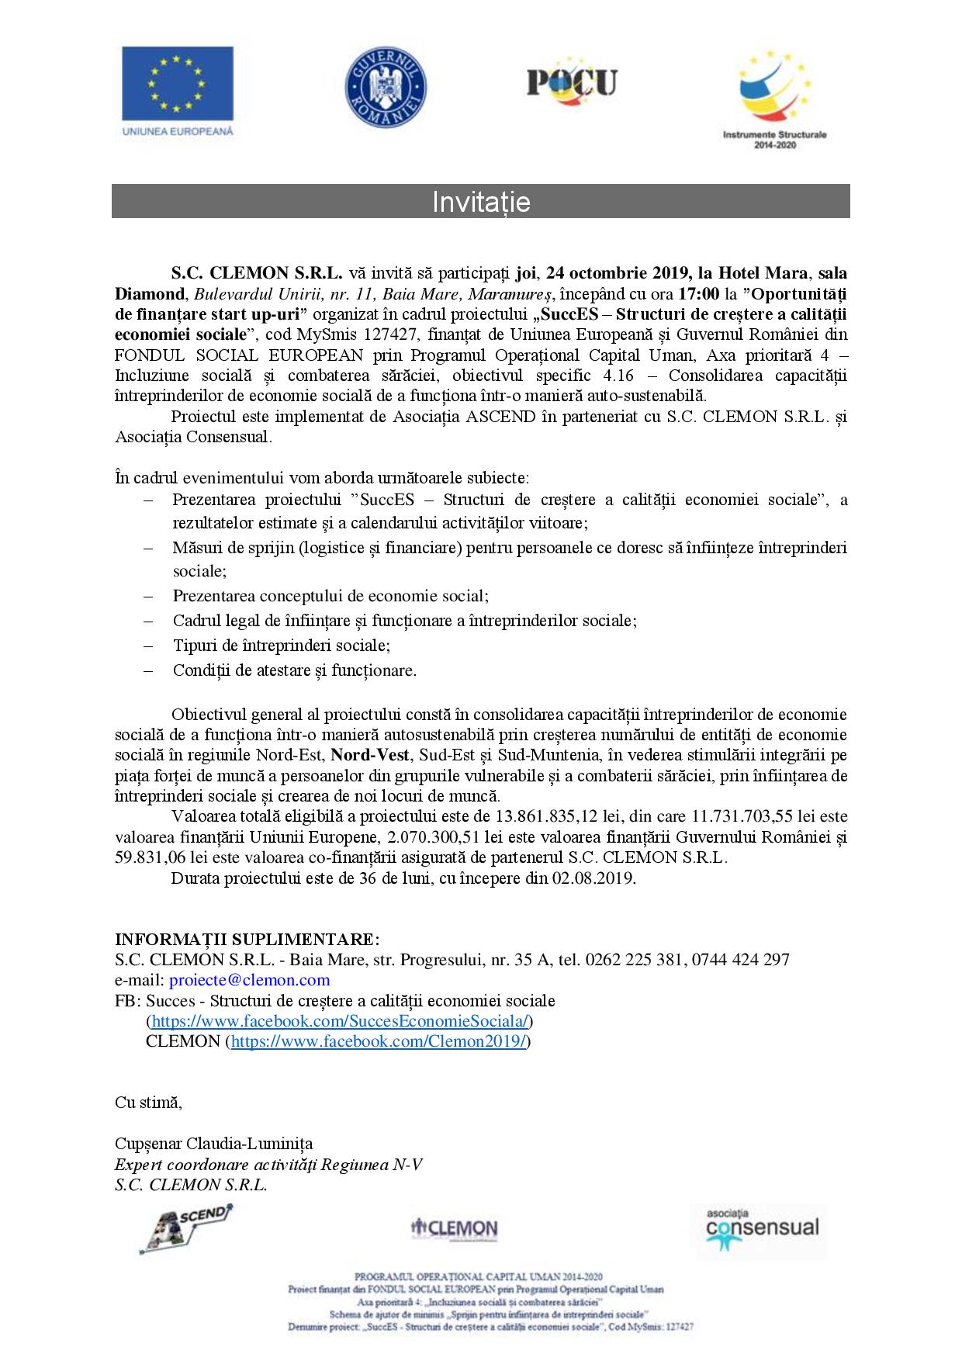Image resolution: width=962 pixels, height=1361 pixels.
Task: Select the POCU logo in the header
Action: [x=572, y=81]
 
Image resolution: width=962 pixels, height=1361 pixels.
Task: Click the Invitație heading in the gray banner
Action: [x=481, y=202]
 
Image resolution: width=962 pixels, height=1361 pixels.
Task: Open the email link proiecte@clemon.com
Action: [x=249, y=980]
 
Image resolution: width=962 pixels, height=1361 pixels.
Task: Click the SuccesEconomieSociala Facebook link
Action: [x=341, y=1021]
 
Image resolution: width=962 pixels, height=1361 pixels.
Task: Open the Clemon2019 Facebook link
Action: [x=379, y=1041]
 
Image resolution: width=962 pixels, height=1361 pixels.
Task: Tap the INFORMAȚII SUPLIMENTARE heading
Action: [x=247, y=939]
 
